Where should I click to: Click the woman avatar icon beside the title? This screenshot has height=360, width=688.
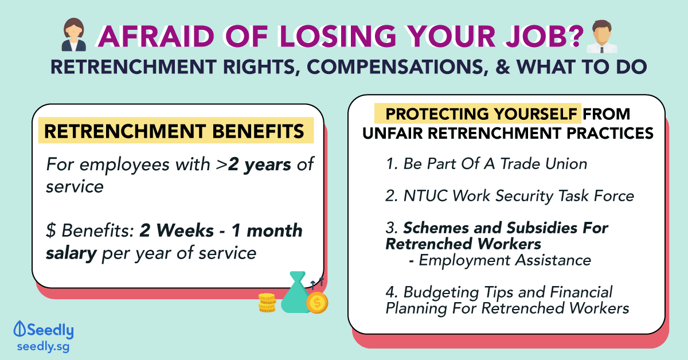click(x=74, y=34)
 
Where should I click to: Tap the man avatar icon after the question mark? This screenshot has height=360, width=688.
click(x=601, y=36)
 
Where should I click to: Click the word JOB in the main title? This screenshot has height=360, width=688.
click(x=538, y=36)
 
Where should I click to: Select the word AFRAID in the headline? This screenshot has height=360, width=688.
click(x=157, y=36)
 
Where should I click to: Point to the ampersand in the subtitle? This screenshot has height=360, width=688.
click(x=503, y=67)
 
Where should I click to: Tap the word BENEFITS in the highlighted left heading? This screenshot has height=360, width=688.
click(x=258, y=131)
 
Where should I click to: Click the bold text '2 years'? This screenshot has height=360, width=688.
click(x=260, y=165)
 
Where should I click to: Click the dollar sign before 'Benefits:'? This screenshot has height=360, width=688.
click(x=51, y=230)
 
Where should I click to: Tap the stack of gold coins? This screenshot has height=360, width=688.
click(x=267, y=303)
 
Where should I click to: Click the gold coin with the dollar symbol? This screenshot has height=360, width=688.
click(x=317, y=303)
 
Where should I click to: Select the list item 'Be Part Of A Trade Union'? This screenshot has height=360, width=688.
click(x=486, y=164)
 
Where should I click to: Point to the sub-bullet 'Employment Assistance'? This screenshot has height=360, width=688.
click(x=500, y=260)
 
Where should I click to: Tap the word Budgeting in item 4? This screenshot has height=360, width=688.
click(x=441, y=293)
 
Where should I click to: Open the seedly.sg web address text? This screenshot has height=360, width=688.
click(x=44, y=347)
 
